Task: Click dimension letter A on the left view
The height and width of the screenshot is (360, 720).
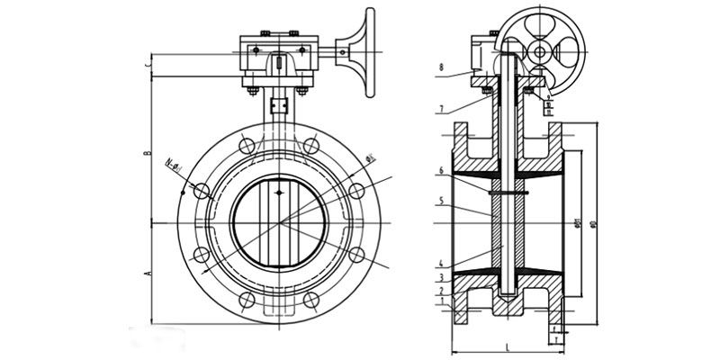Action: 147,271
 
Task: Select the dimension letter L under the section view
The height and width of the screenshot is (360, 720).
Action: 508,346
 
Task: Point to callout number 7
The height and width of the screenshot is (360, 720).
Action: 442,110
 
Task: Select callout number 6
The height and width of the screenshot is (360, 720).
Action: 442,170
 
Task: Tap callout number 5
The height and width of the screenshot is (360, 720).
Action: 442,202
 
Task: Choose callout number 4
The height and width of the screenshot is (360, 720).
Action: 442,263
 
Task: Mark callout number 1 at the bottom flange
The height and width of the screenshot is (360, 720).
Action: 442,304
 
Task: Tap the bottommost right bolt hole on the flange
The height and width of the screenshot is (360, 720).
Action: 312,299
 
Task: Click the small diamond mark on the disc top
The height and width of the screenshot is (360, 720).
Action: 280,190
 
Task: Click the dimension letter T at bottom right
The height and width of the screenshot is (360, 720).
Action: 558,341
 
